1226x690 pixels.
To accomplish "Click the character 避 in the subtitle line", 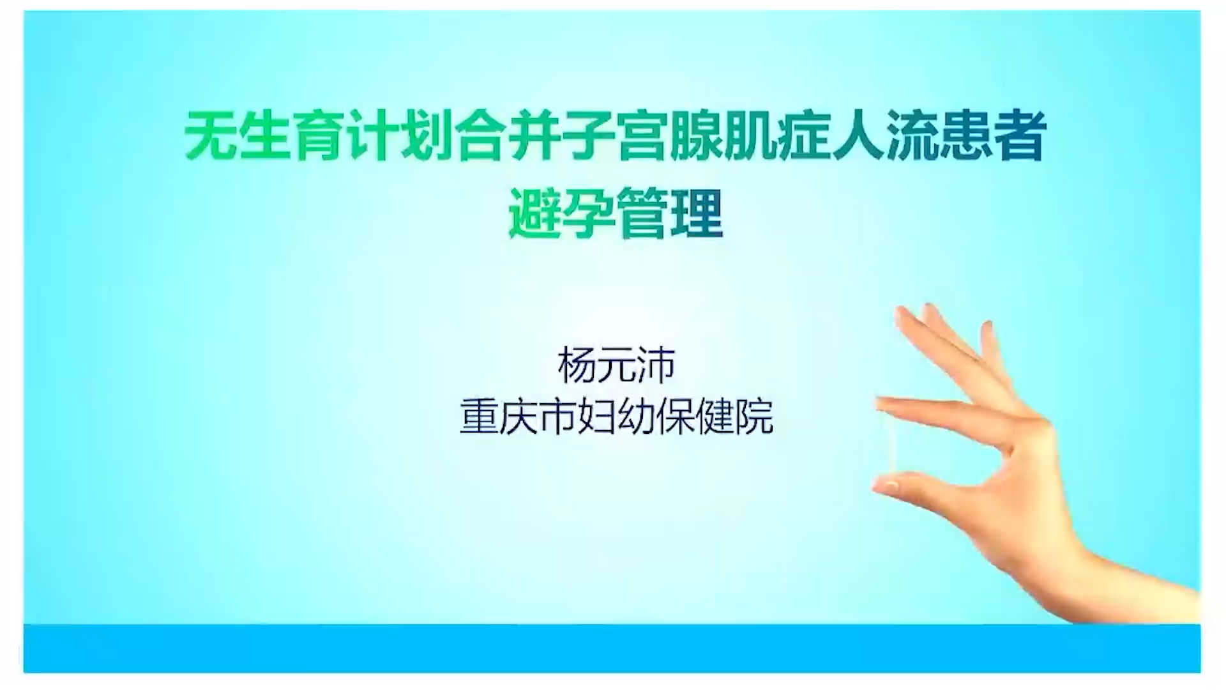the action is coord(534,213).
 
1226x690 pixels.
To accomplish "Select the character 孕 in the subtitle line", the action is coord(588,213).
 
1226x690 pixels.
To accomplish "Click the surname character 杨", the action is coord(577,365).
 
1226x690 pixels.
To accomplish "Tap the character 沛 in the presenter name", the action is coord(656,365).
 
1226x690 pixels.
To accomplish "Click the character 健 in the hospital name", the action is coord(715,417).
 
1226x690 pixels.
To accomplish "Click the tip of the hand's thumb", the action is coord(880,486).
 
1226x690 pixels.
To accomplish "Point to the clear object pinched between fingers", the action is coord(889,444).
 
